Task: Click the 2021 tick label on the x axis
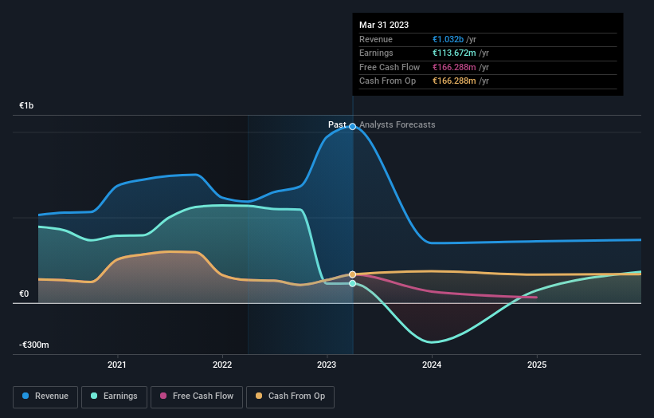(x=117, y=365)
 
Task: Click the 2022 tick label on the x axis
(x=222, y=365)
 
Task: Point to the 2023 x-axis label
(x=327, y=365)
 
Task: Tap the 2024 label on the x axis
(x=432, y=365)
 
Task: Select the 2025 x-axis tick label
(x=537, y=365)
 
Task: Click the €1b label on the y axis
(x=27, y=106)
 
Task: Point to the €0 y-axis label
(x=24, y=294)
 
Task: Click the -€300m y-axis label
(x=34, y=345)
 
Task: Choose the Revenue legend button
(x=46, y=396)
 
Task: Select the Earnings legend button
(x=115, y=396)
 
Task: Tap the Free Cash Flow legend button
(x=196, y=396)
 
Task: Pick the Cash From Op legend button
(x=292, y=396)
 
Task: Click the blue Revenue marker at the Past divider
(x=352, y=127)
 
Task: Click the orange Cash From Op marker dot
(x=352, y=274)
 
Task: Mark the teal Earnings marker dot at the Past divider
(x=352, y=283)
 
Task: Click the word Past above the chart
(x=337, y=124)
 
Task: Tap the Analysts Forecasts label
(x=397, y=124)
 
